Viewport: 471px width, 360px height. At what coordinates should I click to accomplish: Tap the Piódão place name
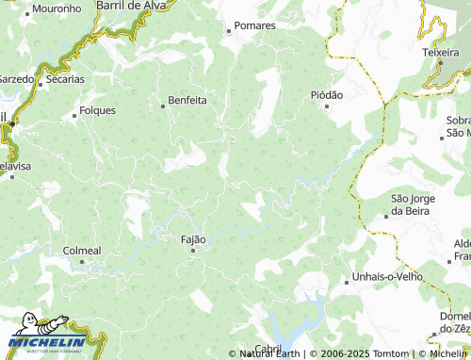327,95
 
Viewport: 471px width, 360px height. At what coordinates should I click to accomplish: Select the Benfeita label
187,99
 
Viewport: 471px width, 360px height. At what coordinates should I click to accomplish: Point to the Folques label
98,110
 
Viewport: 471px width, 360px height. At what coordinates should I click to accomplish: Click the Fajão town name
193,239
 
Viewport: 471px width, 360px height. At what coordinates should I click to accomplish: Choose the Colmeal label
81,251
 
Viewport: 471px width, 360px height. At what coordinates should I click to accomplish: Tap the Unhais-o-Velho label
381,277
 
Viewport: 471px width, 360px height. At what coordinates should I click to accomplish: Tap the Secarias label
65,79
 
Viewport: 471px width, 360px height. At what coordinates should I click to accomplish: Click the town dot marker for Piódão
327,106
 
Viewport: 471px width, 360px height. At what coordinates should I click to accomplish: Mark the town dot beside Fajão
193,251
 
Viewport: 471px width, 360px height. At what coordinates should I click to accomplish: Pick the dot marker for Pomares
228,30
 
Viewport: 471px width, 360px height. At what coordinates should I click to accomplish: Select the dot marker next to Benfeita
163,106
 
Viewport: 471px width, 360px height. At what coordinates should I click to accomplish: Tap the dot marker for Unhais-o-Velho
345,278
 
